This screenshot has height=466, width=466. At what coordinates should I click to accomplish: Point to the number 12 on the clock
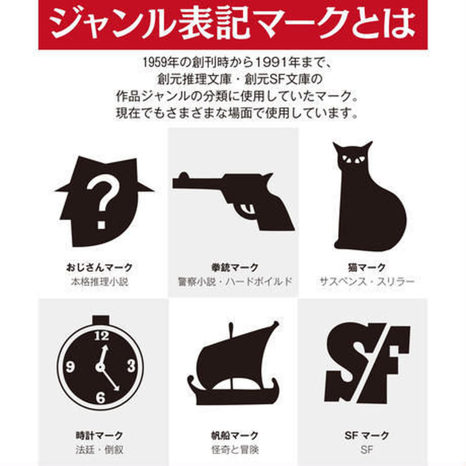102,335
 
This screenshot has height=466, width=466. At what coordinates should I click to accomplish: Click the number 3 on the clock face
131,366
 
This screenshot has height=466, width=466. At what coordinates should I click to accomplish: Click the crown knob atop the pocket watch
101,318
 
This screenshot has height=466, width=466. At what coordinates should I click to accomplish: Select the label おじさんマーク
99,267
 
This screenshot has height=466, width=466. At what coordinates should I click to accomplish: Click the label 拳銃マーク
235,267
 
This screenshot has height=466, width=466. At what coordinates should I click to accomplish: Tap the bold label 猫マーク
366,267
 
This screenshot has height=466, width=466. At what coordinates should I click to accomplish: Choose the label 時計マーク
99,435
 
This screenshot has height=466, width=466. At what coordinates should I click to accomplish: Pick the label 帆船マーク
235,435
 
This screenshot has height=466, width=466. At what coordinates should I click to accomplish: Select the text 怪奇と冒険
235,449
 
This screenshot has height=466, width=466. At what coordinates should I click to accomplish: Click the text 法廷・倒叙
99,449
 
